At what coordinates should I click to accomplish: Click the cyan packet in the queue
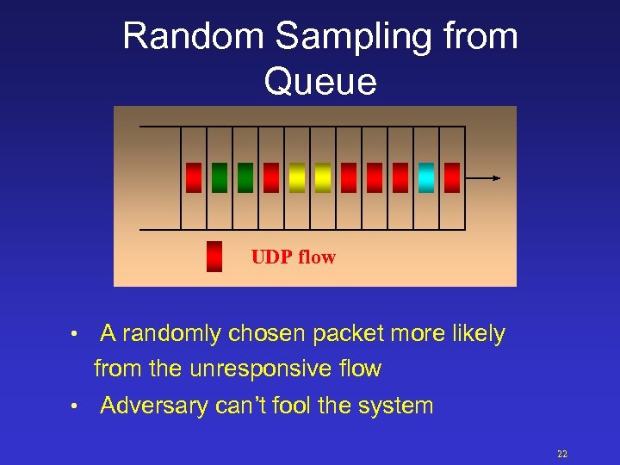tap(426, 177)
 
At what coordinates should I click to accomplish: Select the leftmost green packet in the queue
tap(220, 177)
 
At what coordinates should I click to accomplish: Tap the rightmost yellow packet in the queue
tap(323, 177)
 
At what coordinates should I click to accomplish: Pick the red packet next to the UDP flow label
tap(214, 257)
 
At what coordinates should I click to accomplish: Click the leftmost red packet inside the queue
tap(194, 177)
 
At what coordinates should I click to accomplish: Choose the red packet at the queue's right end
tap(452, 177)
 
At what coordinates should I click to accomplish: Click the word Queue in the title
tap(319, 82)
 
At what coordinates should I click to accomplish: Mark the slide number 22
tap(562, 454)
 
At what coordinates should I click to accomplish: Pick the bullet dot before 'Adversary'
tap(76, 406)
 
